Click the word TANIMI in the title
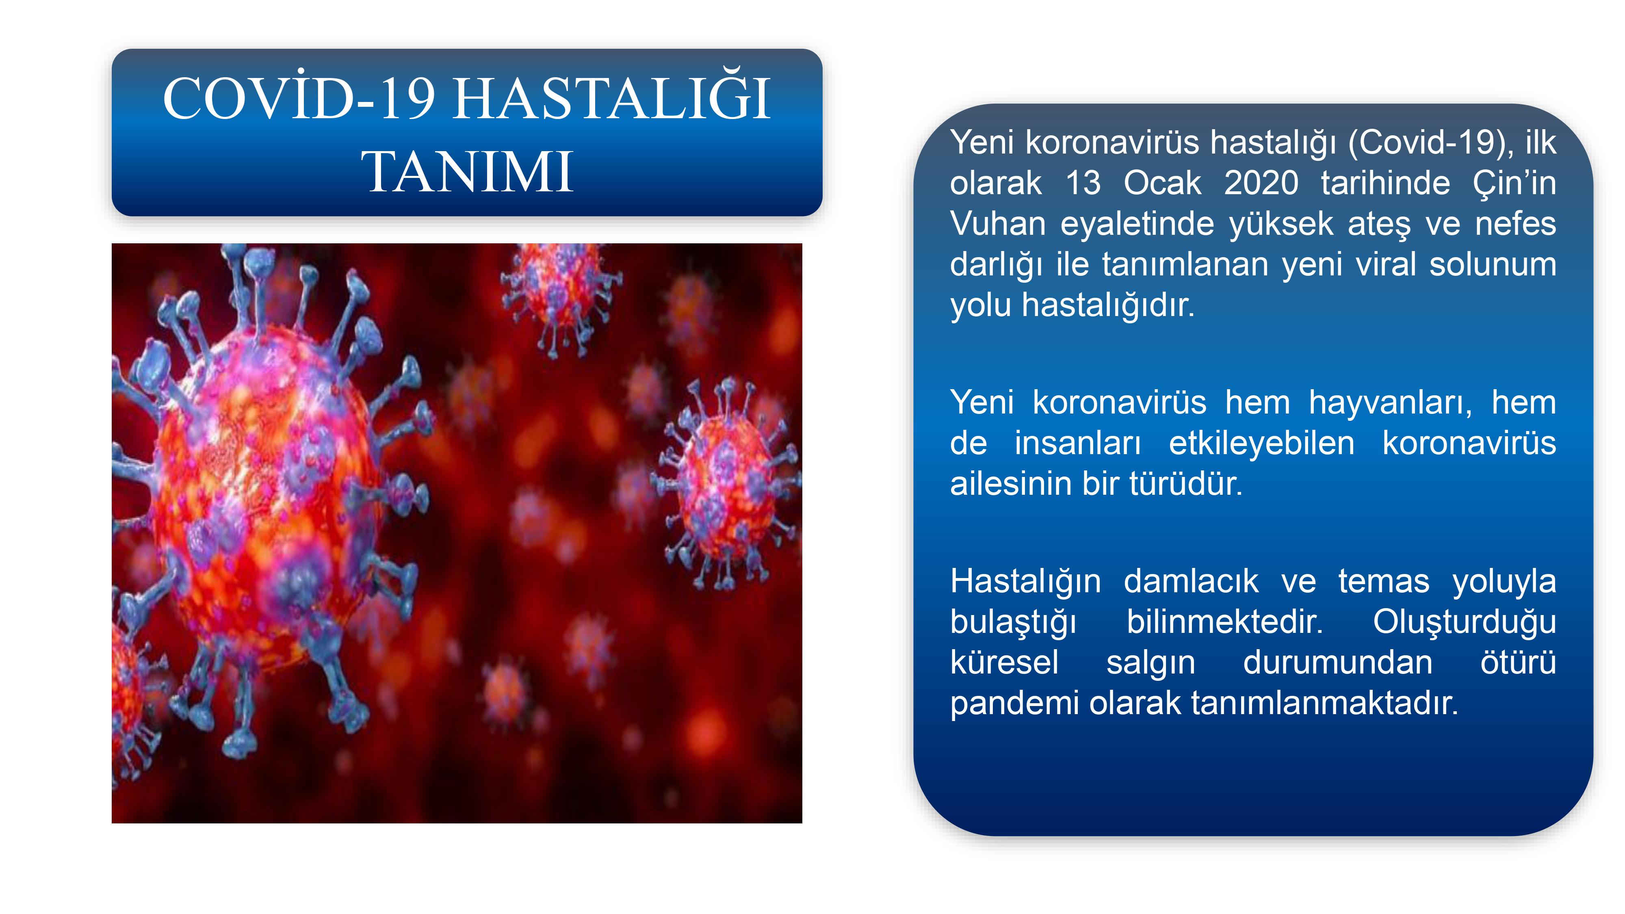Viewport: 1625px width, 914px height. (x=468, y=171)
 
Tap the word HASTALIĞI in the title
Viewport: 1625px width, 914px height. (x=612, y=98)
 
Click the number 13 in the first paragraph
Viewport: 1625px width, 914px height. (x=1083, y=183)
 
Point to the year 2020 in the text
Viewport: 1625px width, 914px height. (x=1261, y=183)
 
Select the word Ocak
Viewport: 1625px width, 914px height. (x=1163, y=183)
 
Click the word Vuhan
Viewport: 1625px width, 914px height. (x=994, y=223)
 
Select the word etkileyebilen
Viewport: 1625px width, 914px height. (x=1262, y=443)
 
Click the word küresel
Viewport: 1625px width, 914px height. (x=1004, y=662)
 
